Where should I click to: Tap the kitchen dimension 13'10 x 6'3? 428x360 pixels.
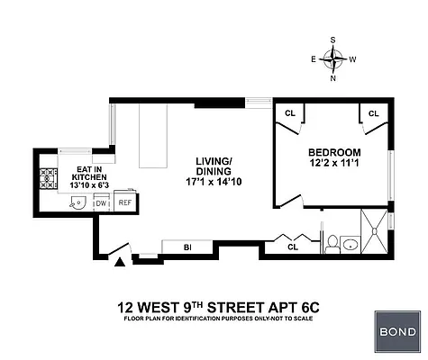[91, 185]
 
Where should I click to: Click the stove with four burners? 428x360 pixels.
[45, 177]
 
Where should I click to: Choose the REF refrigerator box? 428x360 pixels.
[124, 202]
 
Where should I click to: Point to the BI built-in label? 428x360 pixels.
[187, 246]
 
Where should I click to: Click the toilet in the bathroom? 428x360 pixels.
[332, 243]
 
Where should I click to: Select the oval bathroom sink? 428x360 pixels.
[351, 244]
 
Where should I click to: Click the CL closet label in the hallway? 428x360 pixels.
[292, 246]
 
